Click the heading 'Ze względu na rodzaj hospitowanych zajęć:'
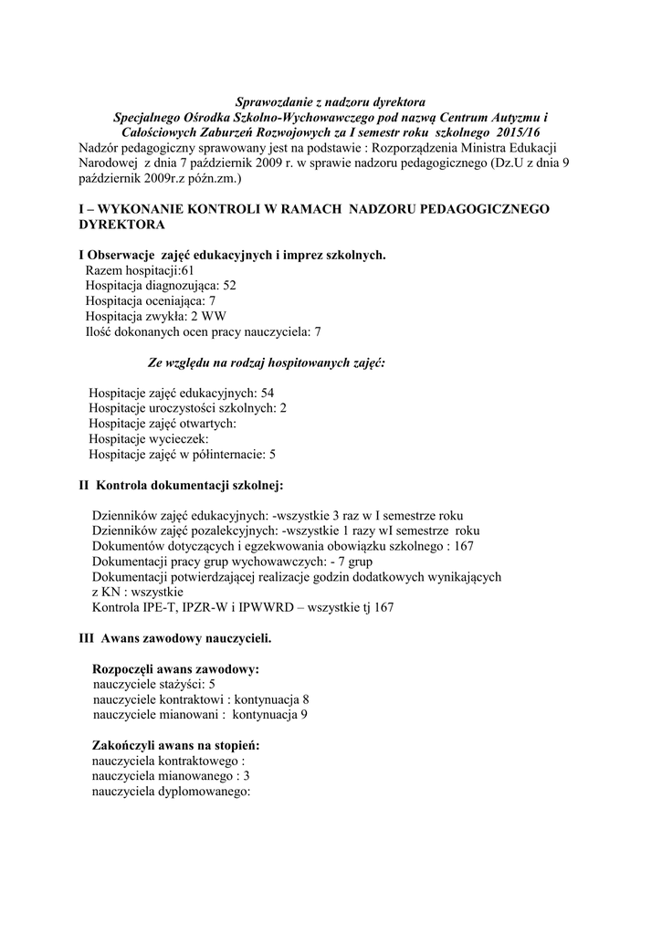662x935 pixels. coord(266,362)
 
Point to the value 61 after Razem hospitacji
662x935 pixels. coord(187,270)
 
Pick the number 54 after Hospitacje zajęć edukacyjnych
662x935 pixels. coord(268,393)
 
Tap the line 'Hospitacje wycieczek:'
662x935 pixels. coord(149,438)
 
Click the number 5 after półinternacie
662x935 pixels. coord(272,454)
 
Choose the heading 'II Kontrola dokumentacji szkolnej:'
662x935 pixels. coord(184,484)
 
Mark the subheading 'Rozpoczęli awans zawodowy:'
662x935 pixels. coord(177,669)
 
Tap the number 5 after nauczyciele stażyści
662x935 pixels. coord(212,684)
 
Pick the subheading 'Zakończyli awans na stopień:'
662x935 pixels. coord(177,745)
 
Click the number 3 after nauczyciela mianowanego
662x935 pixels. coord(247,775)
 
